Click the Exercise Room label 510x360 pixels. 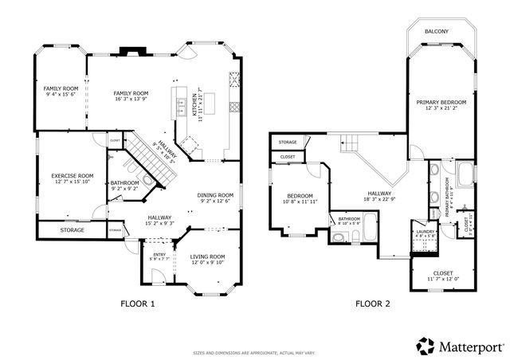73,176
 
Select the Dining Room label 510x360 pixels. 215,195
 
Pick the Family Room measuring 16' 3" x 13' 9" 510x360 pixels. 131,93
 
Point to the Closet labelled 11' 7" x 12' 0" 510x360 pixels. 443,272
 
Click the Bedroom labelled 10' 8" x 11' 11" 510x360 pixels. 300,196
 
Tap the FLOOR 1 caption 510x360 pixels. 138,303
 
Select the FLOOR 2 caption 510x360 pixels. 373,303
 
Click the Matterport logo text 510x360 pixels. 469,345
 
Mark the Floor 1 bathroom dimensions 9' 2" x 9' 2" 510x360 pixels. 124,188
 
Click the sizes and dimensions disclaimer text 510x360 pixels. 254,352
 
